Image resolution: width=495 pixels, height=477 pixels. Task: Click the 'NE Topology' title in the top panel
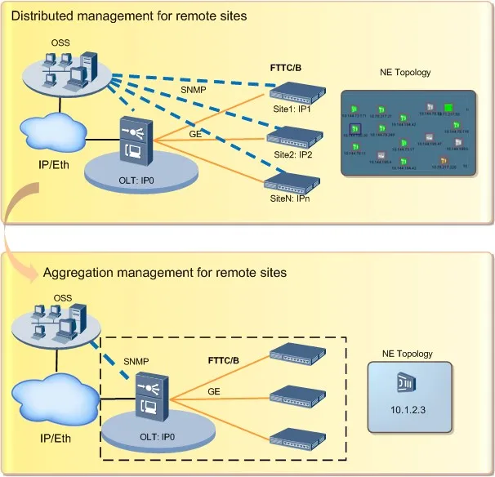click(x=406, y=73)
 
